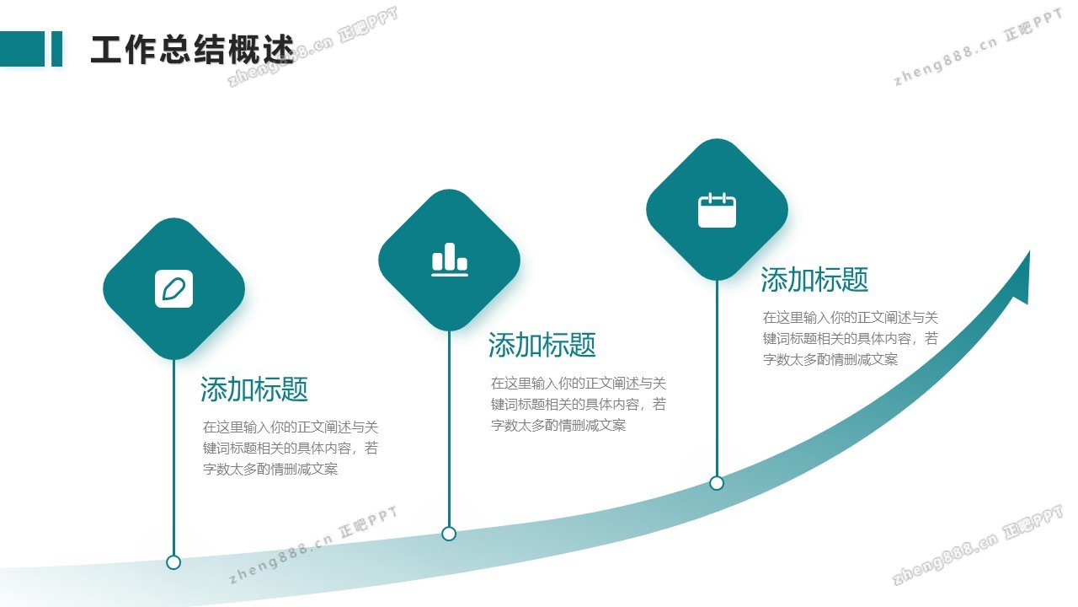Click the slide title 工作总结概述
click(x=193, y=49)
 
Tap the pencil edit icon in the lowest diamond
click(x=173, y=289)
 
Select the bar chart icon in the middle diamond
click(x=450, y=260)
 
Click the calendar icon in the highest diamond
click(x=717, y=210)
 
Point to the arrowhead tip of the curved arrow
click(x=1029, y=251)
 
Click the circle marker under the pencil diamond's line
click(x=173, y=562)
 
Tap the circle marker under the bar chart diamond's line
click(x=449, y=534)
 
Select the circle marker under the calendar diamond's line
click(x=717, y=483)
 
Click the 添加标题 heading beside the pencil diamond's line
click(x=254, y=389)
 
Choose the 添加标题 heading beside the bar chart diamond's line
click(x=542, y=345)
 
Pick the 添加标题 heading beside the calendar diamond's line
click(x=814, y=280)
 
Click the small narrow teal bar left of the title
click(x=56, y=49)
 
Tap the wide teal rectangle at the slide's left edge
click(x=22, y=49)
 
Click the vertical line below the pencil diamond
click(x=173, y=457)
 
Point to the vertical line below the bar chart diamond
click(x=449, y=428)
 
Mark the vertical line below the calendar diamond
click(x=717, y=379)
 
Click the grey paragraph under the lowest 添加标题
click(x=291, y=448)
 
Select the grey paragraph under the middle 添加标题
click(x=579, y=404)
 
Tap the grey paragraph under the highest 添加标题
click(x=851, y=339)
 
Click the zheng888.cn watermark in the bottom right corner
click(x=977, y=545)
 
